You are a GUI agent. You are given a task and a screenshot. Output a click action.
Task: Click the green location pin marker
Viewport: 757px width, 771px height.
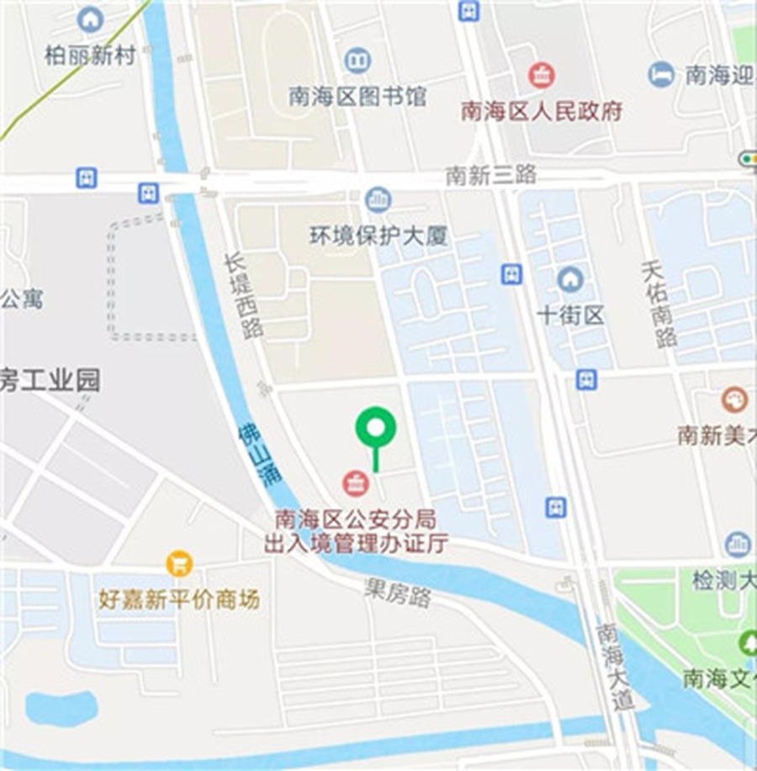[375, 428]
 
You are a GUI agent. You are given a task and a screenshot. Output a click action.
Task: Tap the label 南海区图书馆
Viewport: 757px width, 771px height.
[357, 96]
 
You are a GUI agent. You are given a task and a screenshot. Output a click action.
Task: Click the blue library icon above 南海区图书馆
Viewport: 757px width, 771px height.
[357, 60]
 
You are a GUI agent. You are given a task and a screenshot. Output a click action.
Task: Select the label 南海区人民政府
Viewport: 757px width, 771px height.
[542, 111]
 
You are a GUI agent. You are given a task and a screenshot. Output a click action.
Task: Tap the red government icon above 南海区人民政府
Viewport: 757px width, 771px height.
[542, 76]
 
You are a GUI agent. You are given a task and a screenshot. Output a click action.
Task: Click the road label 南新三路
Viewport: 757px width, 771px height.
[491, 175]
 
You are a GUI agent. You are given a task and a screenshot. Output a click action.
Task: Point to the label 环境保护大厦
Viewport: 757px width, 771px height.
[378, 237]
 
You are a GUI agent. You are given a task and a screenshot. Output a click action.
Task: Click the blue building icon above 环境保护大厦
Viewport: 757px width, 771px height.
[378, 200]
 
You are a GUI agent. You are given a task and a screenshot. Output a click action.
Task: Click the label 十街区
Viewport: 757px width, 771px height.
[571, 316]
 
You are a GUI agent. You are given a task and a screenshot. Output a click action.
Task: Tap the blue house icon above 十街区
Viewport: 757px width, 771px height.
[570, 279]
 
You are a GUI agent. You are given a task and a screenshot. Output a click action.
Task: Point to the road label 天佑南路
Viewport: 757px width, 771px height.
[659, 303]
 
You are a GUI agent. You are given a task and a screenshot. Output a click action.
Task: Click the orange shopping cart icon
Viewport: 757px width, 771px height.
[179, 563]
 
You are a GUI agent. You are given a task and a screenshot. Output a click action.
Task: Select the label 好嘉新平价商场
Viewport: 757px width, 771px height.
[179, 599]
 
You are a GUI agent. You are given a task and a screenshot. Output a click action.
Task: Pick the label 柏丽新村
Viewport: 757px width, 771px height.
[90, 55]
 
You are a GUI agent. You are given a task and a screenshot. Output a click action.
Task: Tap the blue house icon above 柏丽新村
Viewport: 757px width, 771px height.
[90, 19]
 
